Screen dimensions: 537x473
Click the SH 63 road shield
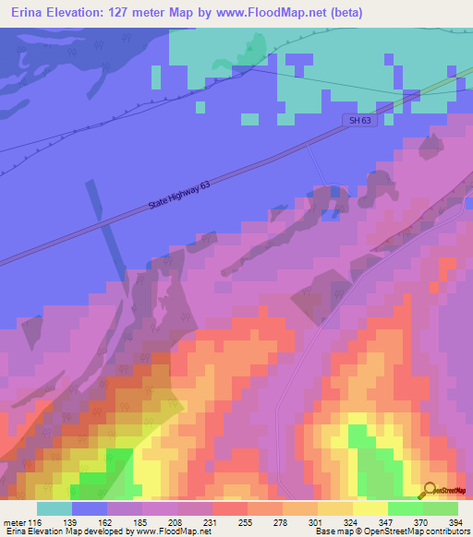[360, 121]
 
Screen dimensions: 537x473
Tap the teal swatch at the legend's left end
[55, 508]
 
